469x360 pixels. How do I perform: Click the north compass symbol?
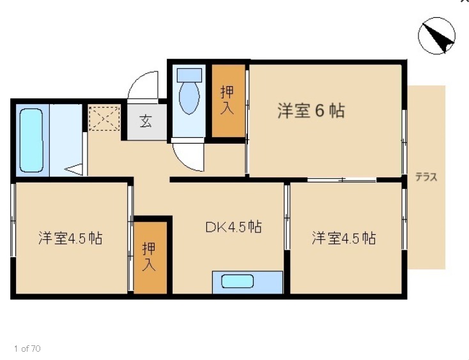[437, 36]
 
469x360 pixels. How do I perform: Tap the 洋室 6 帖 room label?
[311, 111]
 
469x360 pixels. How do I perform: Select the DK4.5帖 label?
[233, 227]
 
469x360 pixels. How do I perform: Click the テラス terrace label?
[426, 177]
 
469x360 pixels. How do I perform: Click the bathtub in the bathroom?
[31, 140]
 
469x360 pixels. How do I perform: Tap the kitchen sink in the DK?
[238, 281]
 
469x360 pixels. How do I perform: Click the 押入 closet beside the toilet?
[228, 100]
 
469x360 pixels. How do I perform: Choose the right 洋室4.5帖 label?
[344, 239]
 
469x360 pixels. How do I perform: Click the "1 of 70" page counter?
[27, 349]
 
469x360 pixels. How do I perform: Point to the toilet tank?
[189, 73]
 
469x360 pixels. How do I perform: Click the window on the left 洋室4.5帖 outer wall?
[12, 220]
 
